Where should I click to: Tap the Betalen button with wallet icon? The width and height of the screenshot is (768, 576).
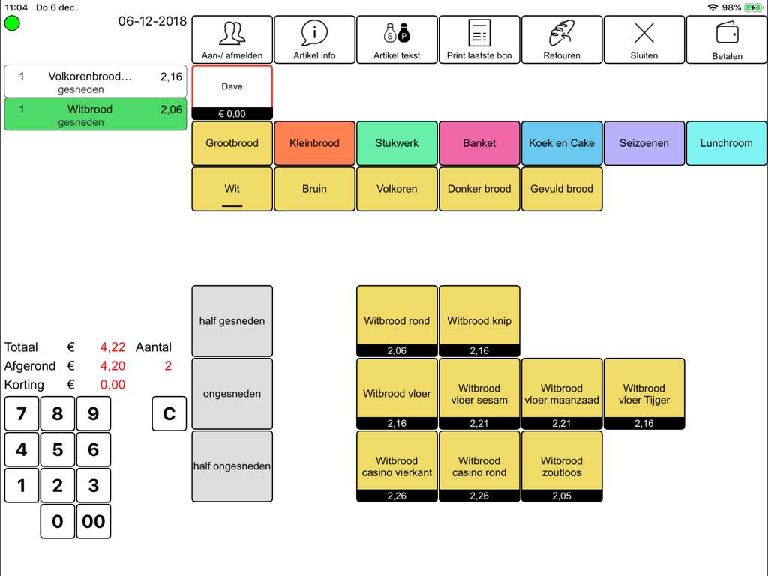pyautogui.click(x=726, y=40)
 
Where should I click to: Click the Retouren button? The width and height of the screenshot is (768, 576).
pyautogui.click(x=562, y=40)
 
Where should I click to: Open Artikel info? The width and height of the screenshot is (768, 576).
pyautogui.click(x=314, y=40)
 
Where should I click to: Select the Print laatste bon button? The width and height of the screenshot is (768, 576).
pyautogui.click(x=479, y=40)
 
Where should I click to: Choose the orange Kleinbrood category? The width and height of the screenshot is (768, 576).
pyautogui.click(x=314, y=143)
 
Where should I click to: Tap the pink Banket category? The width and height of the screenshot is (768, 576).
pyautogui.click(x=479, y=143)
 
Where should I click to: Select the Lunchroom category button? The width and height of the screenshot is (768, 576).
pyautogui.click(x=726, y=143)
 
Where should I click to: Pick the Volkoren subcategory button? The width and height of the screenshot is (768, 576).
pyautogui.click(x=397, y=189)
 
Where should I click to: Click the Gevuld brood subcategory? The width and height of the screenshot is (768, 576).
pyautogui.click(x=562, y=189)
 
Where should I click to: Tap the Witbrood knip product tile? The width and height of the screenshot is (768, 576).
pyautogui.click(x=479, y=320)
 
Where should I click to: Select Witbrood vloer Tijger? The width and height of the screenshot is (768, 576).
pyautogui.click(x=643, y=393)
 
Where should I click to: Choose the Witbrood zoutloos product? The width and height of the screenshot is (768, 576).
pyautogui.click(x=562, y=466)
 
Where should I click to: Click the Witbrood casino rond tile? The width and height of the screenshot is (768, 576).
pyautogui.click(x=479, y=466)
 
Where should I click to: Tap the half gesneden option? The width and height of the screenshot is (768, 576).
pyautogui.click(x=232, y=321)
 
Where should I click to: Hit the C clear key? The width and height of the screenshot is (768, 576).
pyautogui.click(x=169, y=413)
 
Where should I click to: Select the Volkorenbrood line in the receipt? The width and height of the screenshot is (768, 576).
pyautogui.click(x=95, y=81)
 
